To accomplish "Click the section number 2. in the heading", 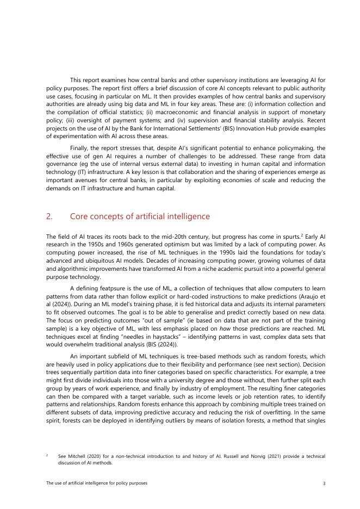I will click(x=49, y=216).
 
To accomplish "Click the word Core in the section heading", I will click(x=79, y=216).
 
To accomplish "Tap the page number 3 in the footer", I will click(x=324, y=483).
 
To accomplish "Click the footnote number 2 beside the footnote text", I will click(x=47, y=456).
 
